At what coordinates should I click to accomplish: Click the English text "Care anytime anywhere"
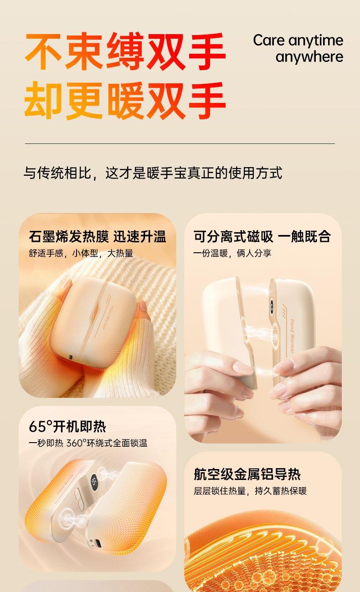[x=298, y=49]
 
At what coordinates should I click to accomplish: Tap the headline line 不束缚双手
[x=125, y=51]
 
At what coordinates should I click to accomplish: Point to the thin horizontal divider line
[x=180, y=144]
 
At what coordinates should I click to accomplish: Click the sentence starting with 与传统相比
[x=153, y=173]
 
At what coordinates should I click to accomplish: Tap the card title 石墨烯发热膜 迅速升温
[x=98, y=236]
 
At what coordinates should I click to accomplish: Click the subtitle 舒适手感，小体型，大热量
[x=81, y=253]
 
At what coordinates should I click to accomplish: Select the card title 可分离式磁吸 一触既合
[x=262, y=236]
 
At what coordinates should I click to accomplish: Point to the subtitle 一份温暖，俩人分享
[x=232, y=253]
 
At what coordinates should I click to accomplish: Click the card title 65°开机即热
[x=67, y=426]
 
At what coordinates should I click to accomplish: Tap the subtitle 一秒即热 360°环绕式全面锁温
[x=88, y=443]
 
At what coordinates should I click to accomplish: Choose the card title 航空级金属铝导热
[x=247, y=474]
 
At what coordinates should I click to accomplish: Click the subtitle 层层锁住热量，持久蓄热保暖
[x=250, y=491]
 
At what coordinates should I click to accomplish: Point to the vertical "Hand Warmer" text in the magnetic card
[x=292, y=336]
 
